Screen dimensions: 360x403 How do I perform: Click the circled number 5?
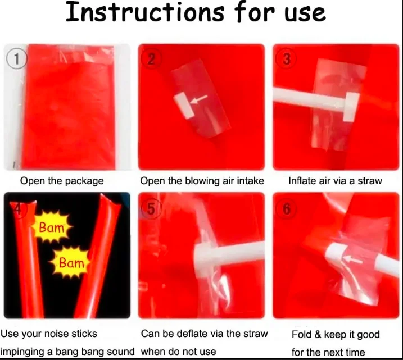pos(151,208)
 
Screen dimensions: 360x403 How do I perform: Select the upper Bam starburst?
pos(51,227)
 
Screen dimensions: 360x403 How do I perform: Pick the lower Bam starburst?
pos(71,262)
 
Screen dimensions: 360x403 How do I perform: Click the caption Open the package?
pos(62,181)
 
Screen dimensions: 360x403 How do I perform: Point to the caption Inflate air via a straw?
pos(335,181)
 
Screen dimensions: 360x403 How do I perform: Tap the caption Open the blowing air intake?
pos(202,181)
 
